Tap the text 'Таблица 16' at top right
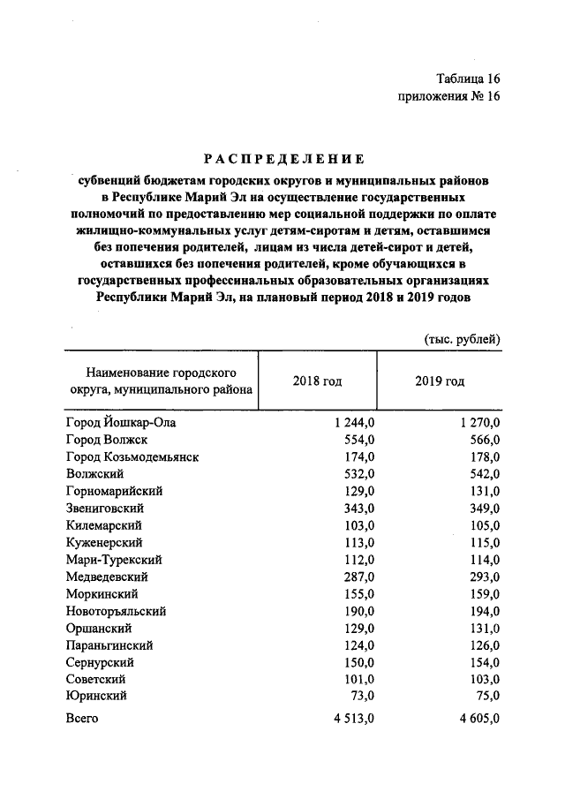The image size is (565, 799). coord(467,79)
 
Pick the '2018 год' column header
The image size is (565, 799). coord(317,381)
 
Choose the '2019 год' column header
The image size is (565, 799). coord(439,381)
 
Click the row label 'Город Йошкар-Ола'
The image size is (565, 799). coord(121,423)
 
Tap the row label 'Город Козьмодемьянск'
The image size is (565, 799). coord(132,457)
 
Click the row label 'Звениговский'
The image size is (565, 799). coord(105,509)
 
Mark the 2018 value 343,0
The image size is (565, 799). coord(360,509)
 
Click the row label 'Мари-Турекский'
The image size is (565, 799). coord(112,560)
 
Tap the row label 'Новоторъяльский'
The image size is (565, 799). coord(116,611)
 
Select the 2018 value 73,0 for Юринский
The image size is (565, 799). coord(363,697)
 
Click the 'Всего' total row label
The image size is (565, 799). coord(82,719)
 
